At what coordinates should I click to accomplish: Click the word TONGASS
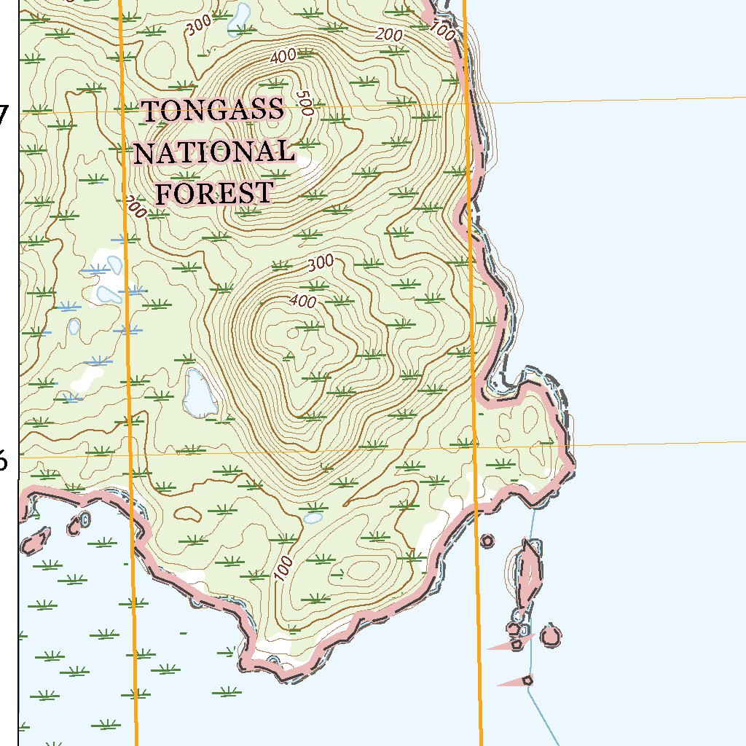click(x=212, y=111)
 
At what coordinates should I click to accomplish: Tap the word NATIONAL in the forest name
click(x=214, y=153)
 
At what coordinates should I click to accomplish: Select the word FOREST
click(x=215, y=194)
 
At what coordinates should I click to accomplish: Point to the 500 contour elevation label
click(x=305, y=103)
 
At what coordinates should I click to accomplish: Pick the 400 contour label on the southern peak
click(x=302, y=300)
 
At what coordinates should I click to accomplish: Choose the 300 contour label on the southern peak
click(x=320, y=264)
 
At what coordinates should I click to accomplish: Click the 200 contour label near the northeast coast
click(x=390, y=34)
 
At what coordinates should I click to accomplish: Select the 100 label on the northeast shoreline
click(x=442, y=30)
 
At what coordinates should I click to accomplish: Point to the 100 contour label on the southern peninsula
click(x=284, y=568)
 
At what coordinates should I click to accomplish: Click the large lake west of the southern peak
click(x=200, y=393)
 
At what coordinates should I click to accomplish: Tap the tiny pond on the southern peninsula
click(x=313, y=517)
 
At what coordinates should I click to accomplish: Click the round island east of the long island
click(x=551, y=635)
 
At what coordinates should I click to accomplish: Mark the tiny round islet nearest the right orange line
click(x=487, y=541)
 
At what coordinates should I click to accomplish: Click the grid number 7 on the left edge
click(x=4, y=114)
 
